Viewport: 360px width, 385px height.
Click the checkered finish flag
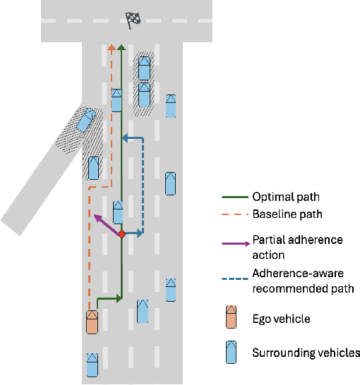(x=132, y=20)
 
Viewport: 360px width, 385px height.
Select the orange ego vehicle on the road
(x=92, y=321)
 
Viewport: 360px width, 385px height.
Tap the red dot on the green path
(x=121, y=233)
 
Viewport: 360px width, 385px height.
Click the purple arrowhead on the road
(x=96, y=217)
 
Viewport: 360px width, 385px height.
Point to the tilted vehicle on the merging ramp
(x=85, y=120)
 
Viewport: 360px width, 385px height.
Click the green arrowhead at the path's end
(x=121, y=48)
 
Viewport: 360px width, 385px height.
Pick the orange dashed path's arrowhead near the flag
(x=111, y=48)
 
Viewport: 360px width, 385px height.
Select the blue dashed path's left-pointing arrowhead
(x=125, y=138)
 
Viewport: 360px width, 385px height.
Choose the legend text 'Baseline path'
(x=286, y=214)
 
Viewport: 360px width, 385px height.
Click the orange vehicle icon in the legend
(x=231, y=318)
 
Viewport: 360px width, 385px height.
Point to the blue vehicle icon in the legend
(x=231, y=352)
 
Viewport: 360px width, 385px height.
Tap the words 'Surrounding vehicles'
(x=306, y=353)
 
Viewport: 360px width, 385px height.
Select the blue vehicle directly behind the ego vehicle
(x=92, y=364)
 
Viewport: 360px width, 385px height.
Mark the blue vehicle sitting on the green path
(x=118, y=212)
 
